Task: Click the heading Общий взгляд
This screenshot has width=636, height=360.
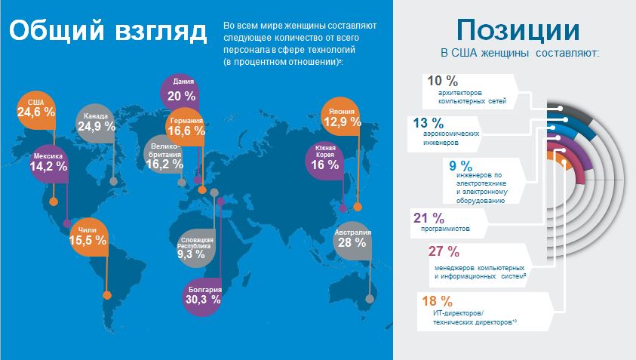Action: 109,32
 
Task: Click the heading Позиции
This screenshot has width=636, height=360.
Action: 518,30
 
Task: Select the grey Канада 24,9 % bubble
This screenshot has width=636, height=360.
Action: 96,122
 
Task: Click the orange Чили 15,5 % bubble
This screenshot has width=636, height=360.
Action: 88,236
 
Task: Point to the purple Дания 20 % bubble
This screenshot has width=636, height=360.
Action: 181,91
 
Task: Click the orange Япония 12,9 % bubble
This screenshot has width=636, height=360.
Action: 342,116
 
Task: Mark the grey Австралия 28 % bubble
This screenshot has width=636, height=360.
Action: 352,238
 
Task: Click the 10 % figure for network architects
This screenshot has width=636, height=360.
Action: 443,80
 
